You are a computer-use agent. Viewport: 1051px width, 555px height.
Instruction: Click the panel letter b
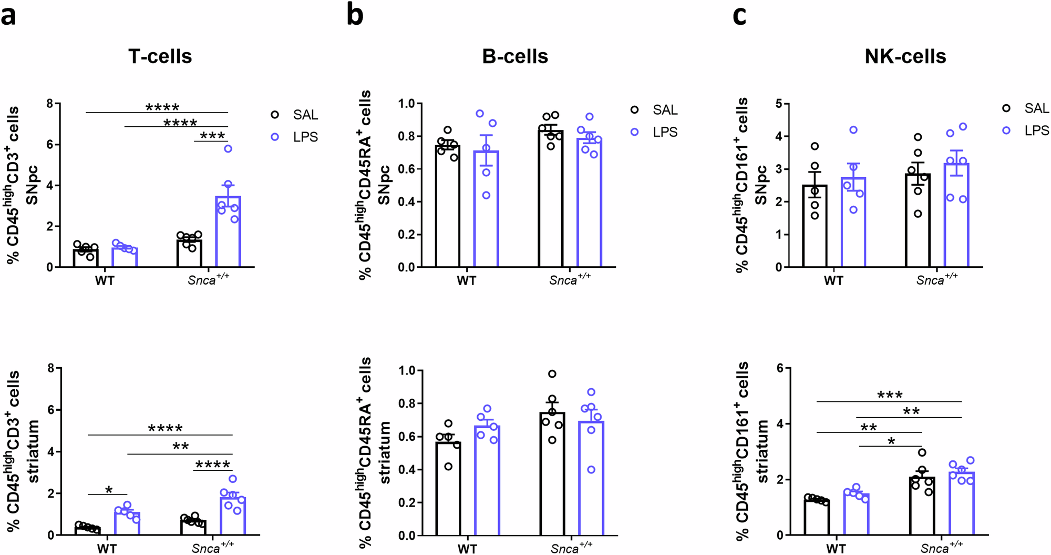(x=355, y=16)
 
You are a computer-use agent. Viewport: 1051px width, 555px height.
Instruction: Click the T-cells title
(x=160, y=56)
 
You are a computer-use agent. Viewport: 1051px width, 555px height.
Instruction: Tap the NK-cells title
(x=905, y=56)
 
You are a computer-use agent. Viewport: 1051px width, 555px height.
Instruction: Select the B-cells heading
(x=514, y=56)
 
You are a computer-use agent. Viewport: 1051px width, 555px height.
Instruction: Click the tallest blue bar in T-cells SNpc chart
(x=228, y=231)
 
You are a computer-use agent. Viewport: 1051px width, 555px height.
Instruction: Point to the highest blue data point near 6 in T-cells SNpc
(x=228, y=149)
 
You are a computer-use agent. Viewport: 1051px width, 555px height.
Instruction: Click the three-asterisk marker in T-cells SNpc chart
(x=212, y=136)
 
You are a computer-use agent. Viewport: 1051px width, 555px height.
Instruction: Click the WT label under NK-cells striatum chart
(x=836, y=549)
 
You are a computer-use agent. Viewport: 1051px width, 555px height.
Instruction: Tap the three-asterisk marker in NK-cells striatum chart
(x=890, y=395)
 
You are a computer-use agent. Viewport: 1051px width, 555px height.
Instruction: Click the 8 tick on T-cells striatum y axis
(x=51, y=368)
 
